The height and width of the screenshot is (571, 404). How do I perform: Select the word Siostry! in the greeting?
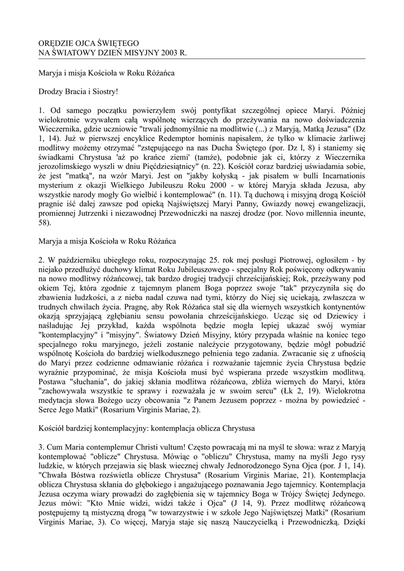(104, 90)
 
